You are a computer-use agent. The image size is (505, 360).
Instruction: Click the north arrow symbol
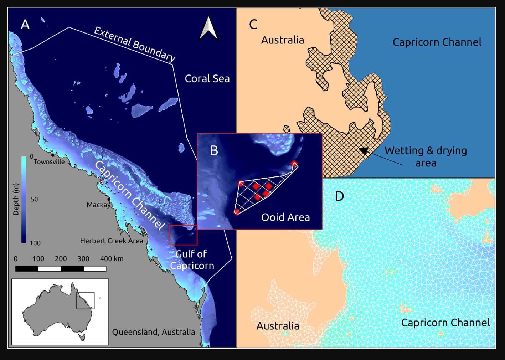pos(208,28)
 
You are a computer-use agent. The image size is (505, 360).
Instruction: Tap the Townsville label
pos(49,162)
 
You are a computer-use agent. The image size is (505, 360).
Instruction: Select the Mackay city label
pos(98,205)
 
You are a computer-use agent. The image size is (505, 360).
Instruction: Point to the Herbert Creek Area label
pos(112,241)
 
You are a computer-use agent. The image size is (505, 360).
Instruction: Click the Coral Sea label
pos(207,79)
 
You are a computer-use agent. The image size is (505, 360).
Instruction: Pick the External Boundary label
pos(134,44)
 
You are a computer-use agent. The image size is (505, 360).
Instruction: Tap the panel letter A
pos(25,25)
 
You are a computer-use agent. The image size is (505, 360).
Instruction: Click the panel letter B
pos(214,150)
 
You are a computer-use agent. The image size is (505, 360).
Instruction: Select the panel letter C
pos(253,25)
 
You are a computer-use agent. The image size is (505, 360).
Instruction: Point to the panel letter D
pos(339,196)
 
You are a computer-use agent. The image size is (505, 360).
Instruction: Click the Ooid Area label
pos(285,217)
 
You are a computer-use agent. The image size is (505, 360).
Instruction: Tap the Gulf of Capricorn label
pos(192,260)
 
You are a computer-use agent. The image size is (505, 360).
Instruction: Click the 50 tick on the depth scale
pos(34,199)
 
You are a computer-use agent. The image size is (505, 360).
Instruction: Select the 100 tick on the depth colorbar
pos(35,243)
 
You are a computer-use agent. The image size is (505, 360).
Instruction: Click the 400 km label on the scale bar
pos(112,259)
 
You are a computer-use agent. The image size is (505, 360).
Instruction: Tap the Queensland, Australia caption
pos(154,332)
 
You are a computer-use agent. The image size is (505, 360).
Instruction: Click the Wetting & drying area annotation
pos(426,156)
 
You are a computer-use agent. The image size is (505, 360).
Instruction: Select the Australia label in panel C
pos(282,40)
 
